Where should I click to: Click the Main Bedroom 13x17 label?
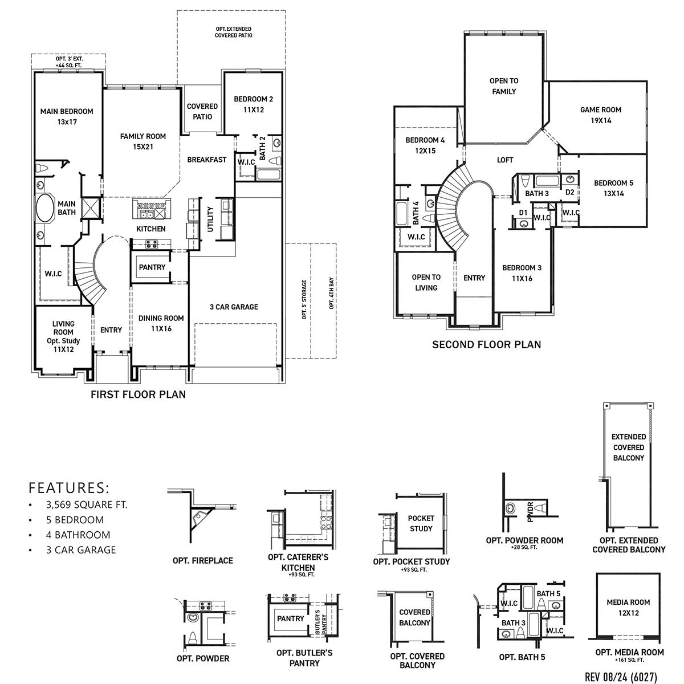67,116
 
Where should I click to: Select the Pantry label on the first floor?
152,267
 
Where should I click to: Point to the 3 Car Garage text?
234,307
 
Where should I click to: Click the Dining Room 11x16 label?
161,323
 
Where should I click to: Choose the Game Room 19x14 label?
601,115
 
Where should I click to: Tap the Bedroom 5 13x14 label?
613,188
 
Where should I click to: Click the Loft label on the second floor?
505,160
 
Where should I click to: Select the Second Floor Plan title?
486,344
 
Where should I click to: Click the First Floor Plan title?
139,394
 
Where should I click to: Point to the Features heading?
68,488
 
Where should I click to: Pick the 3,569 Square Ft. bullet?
87,505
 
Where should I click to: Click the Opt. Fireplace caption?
203,561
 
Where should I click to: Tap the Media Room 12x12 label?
628,607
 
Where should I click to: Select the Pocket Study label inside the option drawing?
421,523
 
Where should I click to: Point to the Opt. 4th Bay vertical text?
331,294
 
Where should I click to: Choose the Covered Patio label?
202,111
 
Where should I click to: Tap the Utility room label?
210,219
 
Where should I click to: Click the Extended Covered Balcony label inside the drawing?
628,447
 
